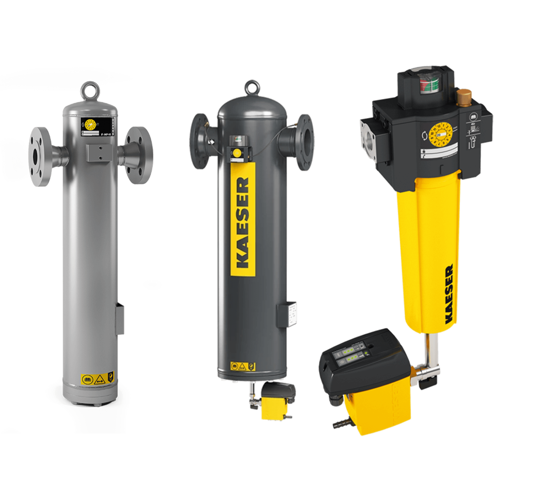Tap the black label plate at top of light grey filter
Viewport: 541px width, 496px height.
click(x=99, y=126)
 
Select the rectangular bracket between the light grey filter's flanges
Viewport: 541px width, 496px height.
click(x=100, y=153)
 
